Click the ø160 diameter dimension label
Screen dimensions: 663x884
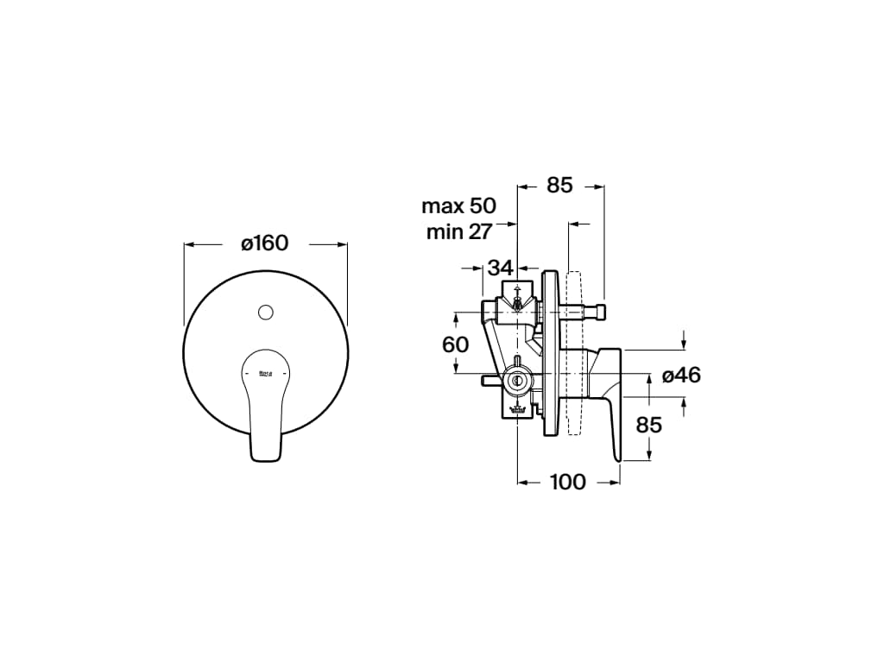point(265,243)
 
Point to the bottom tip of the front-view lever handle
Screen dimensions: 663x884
point(266,458)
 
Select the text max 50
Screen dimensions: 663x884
point(458,206)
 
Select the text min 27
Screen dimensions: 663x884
point(458,231)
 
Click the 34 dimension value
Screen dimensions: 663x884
point(500,268)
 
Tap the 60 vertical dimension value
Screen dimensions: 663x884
point(455,344)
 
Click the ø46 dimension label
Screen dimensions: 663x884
point(681,375)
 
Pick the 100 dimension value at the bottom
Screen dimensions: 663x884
point(567,482)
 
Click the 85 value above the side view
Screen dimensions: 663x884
point(560,185)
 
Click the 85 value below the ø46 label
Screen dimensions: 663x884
point(648,425)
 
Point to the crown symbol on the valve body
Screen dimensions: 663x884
point(516,409)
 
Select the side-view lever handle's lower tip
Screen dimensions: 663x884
point(617,458)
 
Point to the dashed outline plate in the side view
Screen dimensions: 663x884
point(576,354)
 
